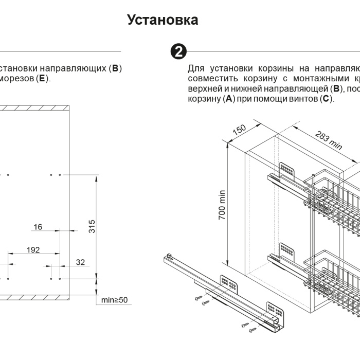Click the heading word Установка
tap(163, 20)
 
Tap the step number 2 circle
tap(178, 51)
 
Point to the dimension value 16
tap(38, 227)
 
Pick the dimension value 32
tap(81, 262)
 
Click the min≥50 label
tap(114, 300)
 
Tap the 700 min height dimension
tap(222, 205)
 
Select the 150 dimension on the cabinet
tap(240, 130)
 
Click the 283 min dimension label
tap(328, 140)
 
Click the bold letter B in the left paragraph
tap(115, 68)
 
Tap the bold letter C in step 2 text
tap(326, 98)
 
